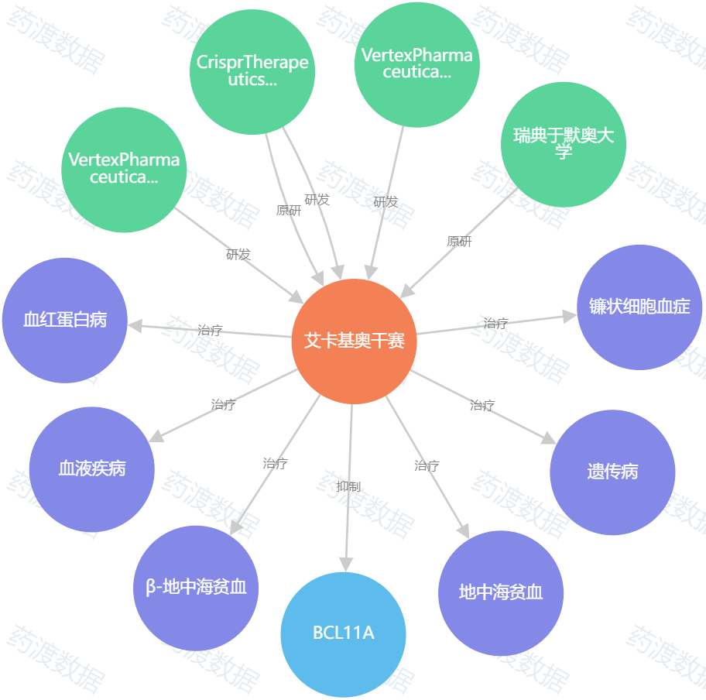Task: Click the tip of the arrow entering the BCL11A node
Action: tap(346, 572)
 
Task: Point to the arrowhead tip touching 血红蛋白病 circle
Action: tap(128, 324)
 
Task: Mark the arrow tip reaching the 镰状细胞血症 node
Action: tap(577, 315)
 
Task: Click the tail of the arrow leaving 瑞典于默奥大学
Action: tap(518, 188)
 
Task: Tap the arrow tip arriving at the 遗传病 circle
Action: tap(557, 444)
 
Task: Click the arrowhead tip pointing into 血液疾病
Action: tap(149, 442)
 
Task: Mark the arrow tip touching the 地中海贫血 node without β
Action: tap(469, 538)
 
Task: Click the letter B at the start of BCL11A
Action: tap(317, 633)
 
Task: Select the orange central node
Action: tap(355, 341)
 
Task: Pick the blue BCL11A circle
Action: tap(343, 635)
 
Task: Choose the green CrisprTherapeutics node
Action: tap(252, 71)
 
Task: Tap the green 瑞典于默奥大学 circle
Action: tap(564, 145)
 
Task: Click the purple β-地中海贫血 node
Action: tap(196, 588)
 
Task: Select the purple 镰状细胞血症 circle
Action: tap(639, 307)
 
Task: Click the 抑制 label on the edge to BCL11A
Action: tap(348, 486)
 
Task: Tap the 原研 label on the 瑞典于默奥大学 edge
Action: tap(459, 242)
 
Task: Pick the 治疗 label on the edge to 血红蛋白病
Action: tap(211, 330)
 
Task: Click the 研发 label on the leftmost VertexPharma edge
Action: tap(238, 255)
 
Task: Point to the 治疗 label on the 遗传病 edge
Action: tap(482, 406)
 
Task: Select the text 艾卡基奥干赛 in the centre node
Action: tap(355, 341)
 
